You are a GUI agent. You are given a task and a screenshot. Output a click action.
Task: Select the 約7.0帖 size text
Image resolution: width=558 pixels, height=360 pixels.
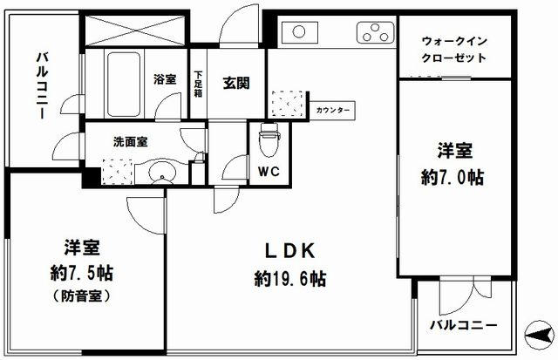click(x=453, y=178)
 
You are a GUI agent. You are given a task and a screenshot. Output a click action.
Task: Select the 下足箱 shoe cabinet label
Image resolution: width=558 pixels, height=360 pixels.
click(x=200, y=83)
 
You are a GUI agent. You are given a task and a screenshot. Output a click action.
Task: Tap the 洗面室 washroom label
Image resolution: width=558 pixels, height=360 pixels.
click(x=128, y=140)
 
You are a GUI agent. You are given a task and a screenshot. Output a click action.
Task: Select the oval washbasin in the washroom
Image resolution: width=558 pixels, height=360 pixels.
click(x=162, y=173)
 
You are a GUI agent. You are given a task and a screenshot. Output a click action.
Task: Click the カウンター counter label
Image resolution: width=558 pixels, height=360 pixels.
click(x=333, y=111)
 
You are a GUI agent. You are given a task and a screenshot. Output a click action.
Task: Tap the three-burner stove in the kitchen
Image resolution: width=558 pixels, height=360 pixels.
click(x=376, y=34)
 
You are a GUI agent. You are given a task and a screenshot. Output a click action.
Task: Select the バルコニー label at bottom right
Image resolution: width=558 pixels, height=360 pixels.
click(x=464, y=325)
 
